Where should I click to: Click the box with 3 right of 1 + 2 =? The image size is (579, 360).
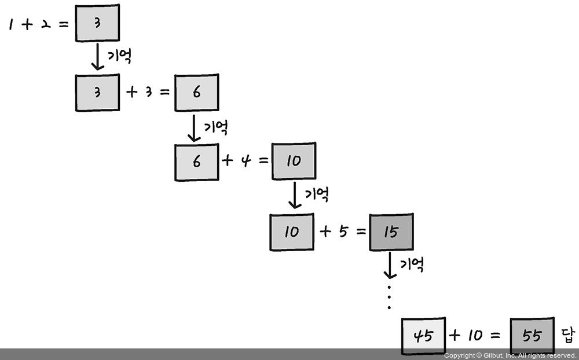(x=97, y=23)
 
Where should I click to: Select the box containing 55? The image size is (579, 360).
(x=532, y=336)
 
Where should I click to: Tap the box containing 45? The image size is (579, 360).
(x=424, y=336)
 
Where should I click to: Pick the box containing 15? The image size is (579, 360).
(x=391, y=232)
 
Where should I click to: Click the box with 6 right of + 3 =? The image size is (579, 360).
(x=197, y=93)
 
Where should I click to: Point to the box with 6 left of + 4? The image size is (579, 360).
(x=197, y=162)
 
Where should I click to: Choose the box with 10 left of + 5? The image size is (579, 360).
(x=292, y=232)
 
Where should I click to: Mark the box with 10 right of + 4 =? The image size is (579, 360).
(x=294, y=161)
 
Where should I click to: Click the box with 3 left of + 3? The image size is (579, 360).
(x=97, y=93)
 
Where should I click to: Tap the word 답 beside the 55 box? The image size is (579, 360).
(x=567, y=335)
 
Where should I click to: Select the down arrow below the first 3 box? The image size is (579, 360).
(x=97, y=57)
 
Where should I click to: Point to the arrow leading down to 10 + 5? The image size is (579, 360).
(x=295, y=196)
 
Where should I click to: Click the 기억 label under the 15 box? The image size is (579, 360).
(x=412, y=265)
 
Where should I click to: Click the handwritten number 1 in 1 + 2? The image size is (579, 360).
(x=11, y=25)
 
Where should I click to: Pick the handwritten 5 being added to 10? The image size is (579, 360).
(x=343, y=232)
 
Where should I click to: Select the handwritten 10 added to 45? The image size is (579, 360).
(x=474, y=335)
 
